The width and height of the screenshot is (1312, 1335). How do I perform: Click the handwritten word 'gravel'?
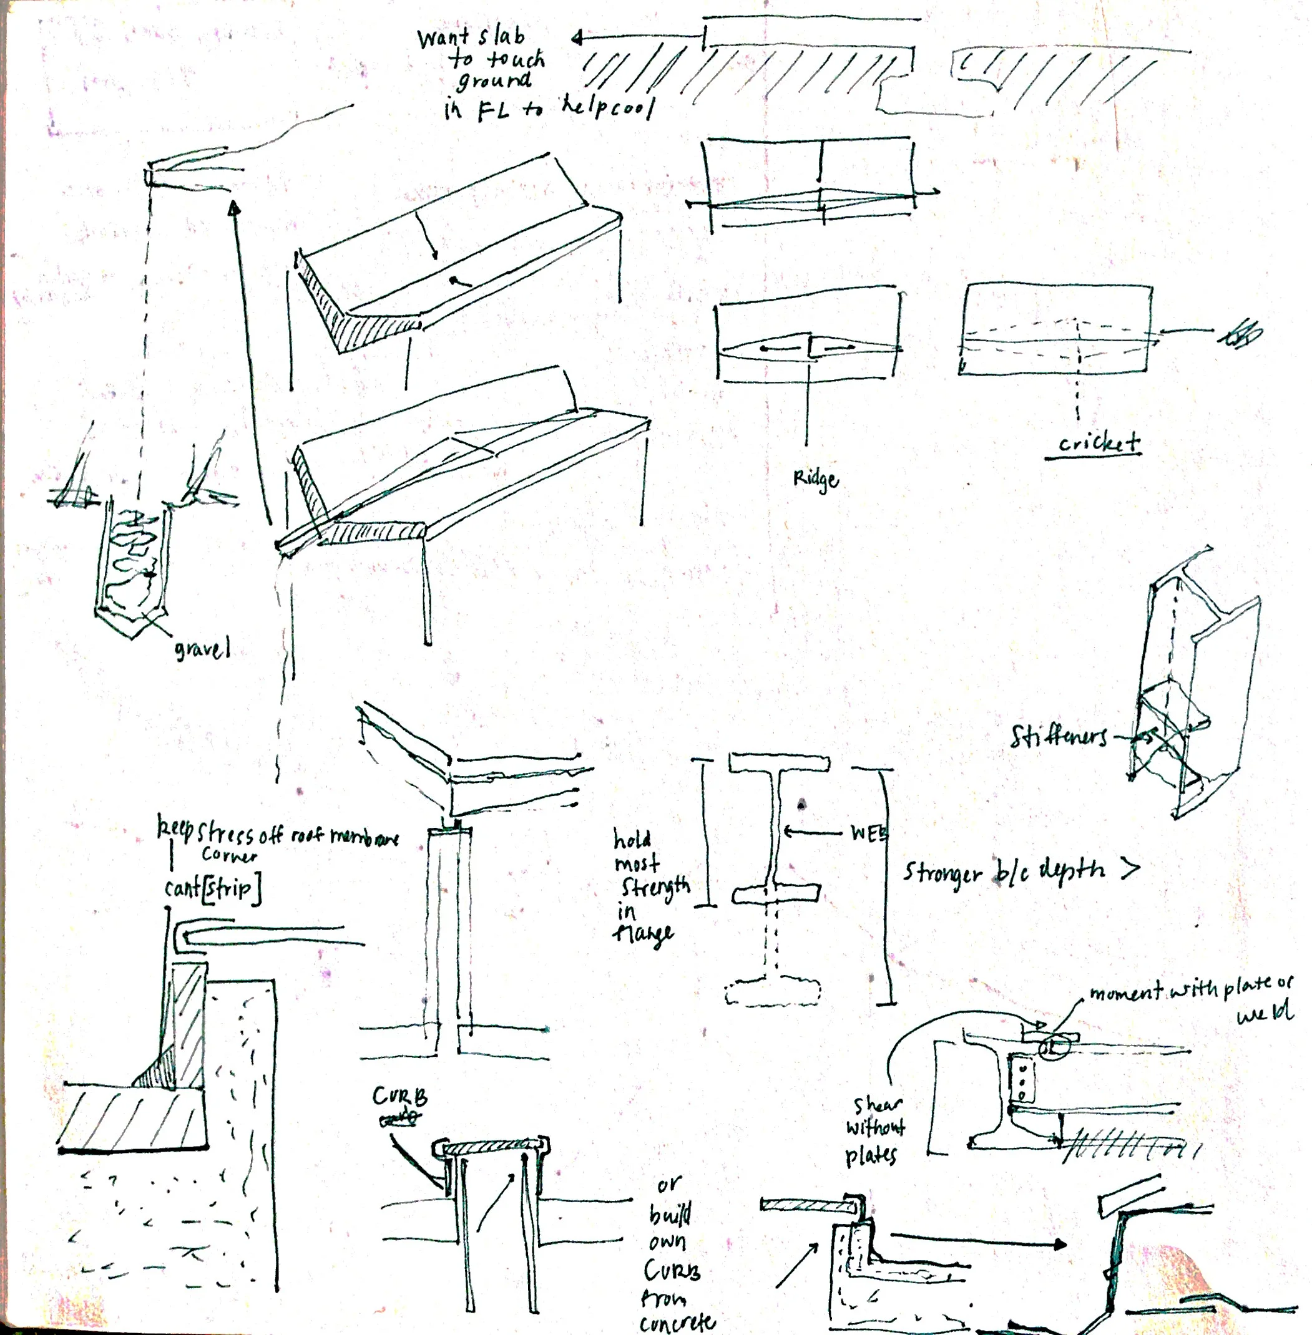point(201,649)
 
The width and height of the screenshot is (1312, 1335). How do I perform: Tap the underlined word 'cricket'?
point(1099,442)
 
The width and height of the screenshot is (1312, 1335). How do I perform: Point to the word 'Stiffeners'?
point(1059,737)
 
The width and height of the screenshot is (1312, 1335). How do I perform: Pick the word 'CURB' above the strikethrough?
point(399,1096)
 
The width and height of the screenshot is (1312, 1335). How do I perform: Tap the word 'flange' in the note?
point(643,935)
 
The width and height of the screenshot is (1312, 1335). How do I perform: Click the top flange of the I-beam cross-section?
point(779,762)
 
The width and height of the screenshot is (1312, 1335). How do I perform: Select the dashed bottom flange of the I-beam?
point(773,993)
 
